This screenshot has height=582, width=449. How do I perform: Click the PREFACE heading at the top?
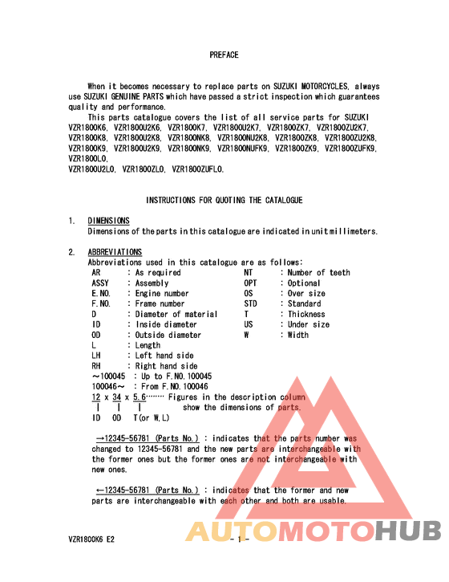(x=224, y=55)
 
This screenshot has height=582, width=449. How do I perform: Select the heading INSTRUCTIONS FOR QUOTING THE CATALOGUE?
(x=224, y=200)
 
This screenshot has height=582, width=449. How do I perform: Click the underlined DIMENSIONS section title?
(x=108, y=221)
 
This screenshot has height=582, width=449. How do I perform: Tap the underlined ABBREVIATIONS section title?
(x=115, y=252)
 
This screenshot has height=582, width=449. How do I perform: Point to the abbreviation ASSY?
(x=101, y=283)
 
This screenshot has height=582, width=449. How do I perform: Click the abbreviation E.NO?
(x=101, y=294)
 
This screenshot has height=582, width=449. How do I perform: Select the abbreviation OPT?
(x=251, y=283)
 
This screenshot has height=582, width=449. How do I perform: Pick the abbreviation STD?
(x=251, y=304)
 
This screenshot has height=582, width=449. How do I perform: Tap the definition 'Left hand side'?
(x=164, y=356)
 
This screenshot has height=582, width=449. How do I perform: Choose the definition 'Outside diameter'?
(x=168, y=335)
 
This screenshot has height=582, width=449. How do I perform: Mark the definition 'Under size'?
(x=309, y=324)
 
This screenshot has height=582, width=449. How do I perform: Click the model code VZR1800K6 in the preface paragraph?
(x=87, y=128)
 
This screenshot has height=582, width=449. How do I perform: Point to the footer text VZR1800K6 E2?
(x=91, y=541)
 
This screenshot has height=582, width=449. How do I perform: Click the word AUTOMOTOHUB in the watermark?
(x=313, y=531)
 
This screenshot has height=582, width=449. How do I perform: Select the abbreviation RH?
(x=96, y=366)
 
